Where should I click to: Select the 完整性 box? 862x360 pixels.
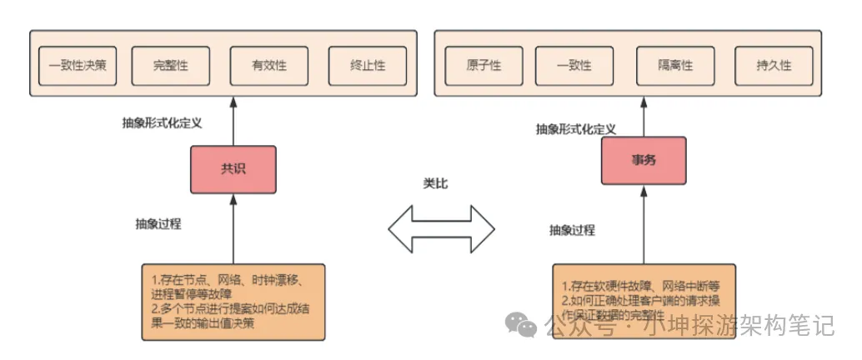click(172, 65)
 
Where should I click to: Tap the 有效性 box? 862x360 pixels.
click(269, 65)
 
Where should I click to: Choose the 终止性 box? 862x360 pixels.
click(368, 65)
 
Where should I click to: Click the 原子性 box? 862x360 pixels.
click(484, 65)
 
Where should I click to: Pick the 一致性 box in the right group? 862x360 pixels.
click(574, 65)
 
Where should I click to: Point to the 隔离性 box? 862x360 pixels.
click(675, 65)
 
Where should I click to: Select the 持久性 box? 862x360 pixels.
click(774, 65)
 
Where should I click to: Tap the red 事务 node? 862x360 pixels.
click(644, 160)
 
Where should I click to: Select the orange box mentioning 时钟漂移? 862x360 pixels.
click(233, 301)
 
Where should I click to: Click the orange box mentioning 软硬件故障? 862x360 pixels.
click(644, 301)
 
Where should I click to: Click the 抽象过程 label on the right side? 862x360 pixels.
click(572, 230)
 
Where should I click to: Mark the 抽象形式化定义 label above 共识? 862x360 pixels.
click(163, 122)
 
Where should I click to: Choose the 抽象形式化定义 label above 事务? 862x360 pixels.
click(576, 129)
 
